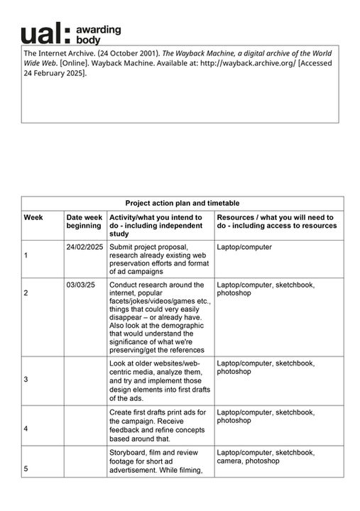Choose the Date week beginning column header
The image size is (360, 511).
point(84,221)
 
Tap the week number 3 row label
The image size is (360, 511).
point(26,380)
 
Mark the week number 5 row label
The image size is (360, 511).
point(26,468)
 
